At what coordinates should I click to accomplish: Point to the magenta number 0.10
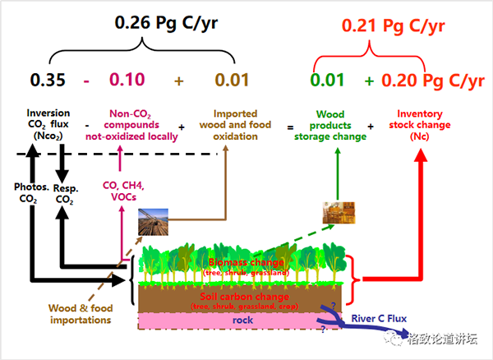[x=123, y=80]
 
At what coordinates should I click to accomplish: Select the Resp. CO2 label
[x=67, y=192]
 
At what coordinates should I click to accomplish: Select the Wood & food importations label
[x=81, y=314]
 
